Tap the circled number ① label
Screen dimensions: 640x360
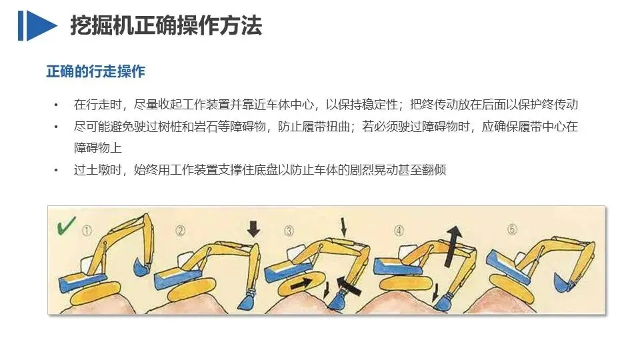[87, 231]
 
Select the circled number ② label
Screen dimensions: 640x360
[181, 231]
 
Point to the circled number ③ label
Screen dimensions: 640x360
[289, 231]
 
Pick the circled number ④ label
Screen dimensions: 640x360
[399, 231]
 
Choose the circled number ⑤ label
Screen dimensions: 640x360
[512, 229]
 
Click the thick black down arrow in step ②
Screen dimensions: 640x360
[253, 229]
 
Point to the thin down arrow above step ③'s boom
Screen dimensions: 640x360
[344, 227]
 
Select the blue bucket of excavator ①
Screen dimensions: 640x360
[142, 267]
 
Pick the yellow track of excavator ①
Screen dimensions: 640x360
[96, 293]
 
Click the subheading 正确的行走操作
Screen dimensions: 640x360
[96, 71]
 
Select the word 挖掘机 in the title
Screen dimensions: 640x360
[101, 26]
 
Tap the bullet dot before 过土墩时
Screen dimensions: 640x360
[56, 170]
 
